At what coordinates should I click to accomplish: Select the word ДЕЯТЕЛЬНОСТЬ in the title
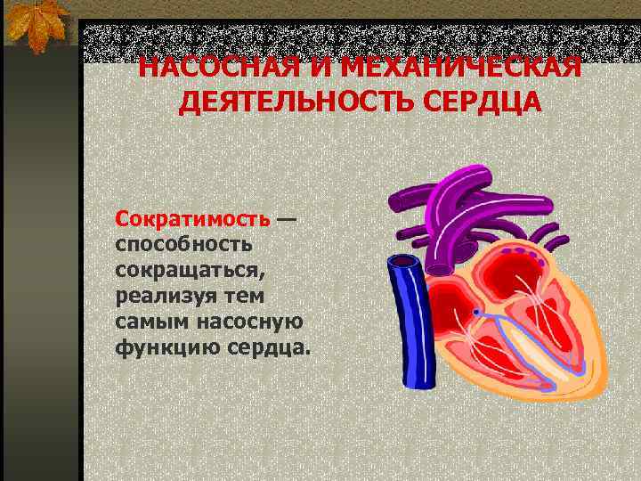pos(283,102)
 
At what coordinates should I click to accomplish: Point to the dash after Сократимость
pos(287,217)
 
